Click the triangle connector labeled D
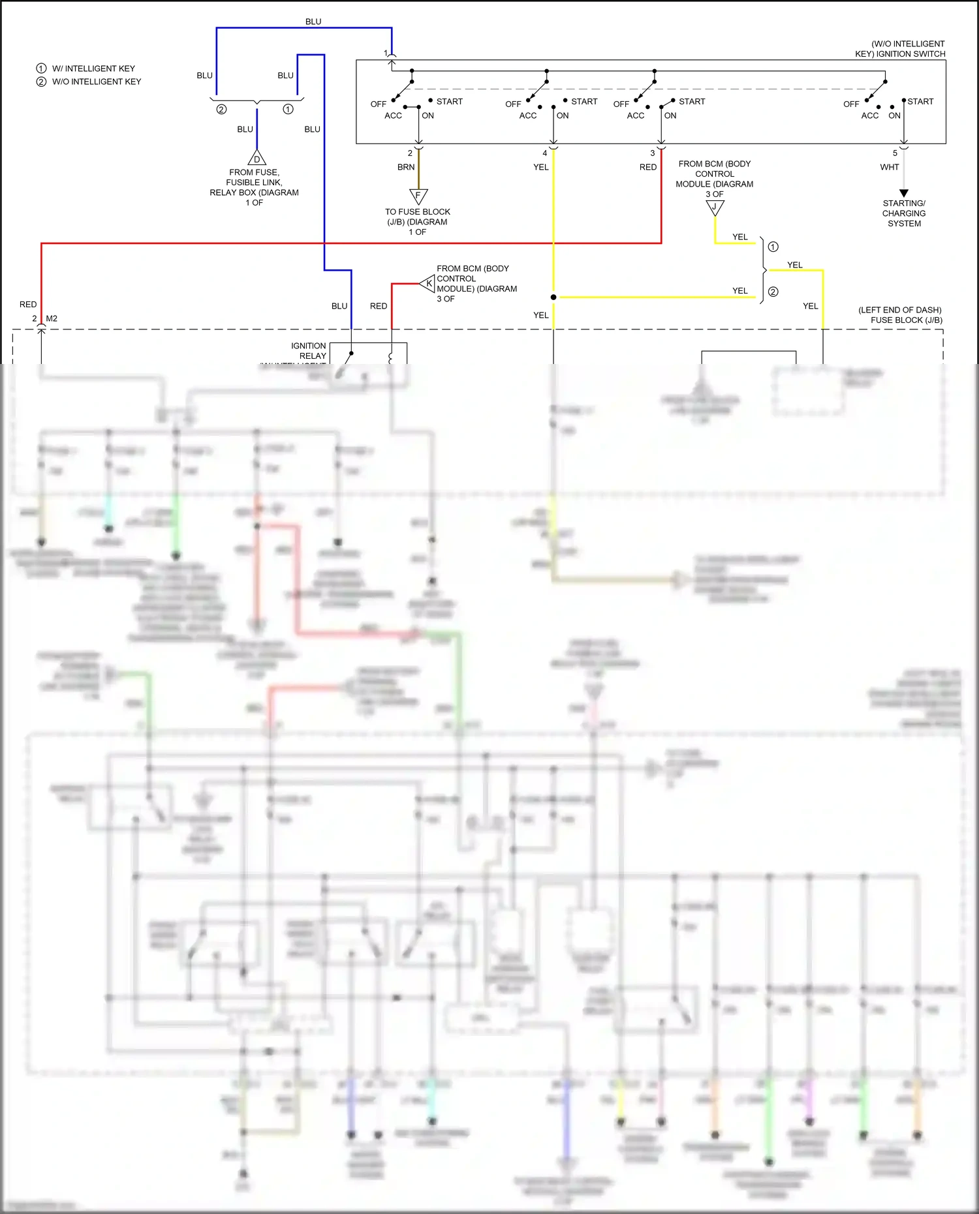[256, 159]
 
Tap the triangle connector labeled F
[418, 196]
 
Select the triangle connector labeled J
[715, 207]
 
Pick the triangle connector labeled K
[428, 283]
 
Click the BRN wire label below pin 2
[406, 167]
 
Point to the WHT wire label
[889, 167]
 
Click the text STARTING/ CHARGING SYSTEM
[904, 213]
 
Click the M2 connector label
[52, 318]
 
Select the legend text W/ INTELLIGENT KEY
[93, 68]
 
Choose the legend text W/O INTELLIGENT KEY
[97, 82]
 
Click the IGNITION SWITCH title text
[901, 49]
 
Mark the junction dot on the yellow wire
[553, 297]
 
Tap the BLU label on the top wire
[313, 22]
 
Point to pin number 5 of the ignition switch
[895, 153]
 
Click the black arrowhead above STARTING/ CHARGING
[904, 193]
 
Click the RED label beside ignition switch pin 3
[648, 167]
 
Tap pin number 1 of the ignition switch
[386, 53]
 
